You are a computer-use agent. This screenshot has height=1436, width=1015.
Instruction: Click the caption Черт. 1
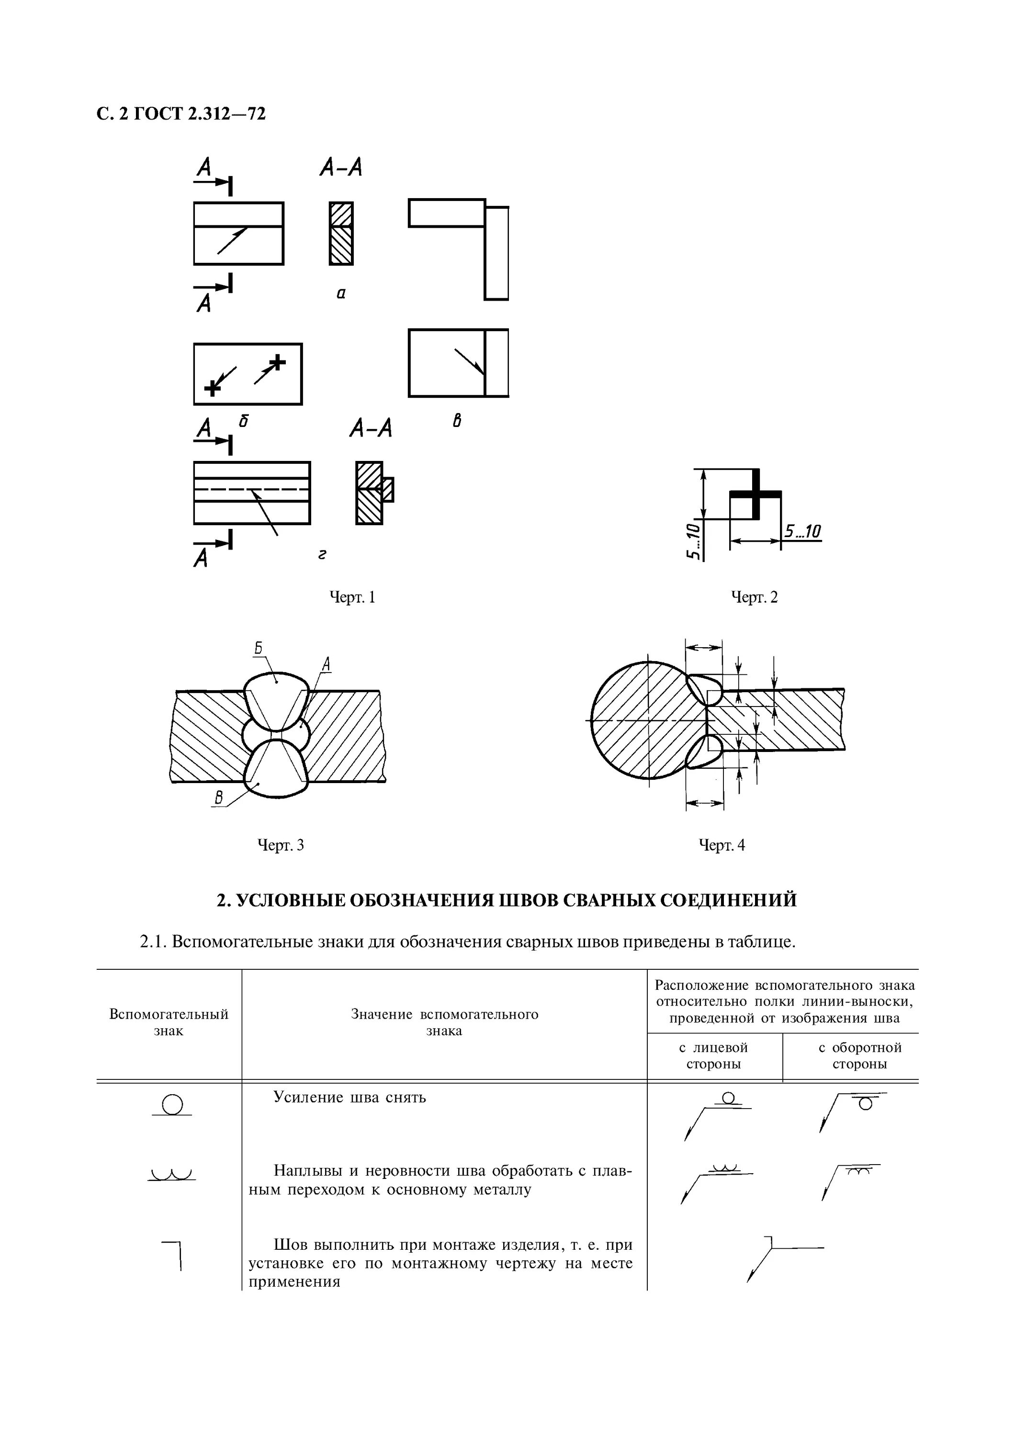pos(352,598)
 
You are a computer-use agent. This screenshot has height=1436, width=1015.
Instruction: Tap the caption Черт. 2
pos(754,598)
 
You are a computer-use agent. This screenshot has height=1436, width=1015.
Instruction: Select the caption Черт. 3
pos(281,846)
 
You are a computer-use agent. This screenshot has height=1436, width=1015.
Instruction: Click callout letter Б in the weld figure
pos(258,649)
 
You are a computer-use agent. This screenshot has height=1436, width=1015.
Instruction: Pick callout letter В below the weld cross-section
pos(219,797)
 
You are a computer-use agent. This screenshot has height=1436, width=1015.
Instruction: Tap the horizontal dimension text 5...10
pos(803,532)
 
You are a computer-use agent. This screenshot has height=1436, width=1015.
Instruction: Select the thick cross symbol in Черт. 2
pos(756,494)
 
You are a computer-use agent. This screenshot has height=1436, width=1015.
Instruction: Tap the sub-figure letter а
pos(341,292)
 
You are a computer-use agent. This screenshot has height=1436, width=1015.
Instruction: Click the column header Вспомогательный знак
pos(169,1022)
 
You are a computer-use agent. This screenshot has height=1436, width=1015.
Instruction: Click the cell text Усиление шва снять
pos(350,1098)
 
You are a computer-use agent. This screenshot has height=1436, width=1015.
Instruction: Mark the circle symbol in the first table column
pos(172,1105)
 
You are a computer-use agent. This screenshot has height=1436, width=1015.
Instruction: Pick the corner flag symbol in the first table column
pos(173,1254)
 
